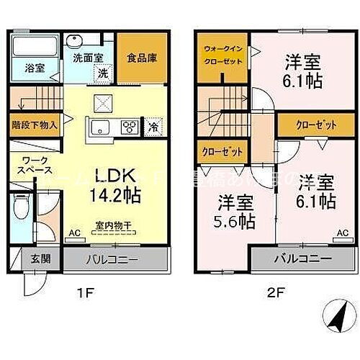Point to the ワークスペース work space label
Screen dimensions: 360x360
pyautogui.click(x=35, y=167)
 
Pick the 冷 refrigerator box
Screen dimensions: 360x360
pyautogui.click(x=153, y=127)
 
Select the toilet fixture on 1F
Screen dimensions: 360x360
pyautogui.click(x=22, y=209)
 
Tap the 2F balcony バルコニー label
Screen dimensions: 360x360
pyautogui.click(x=302, y=259)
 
